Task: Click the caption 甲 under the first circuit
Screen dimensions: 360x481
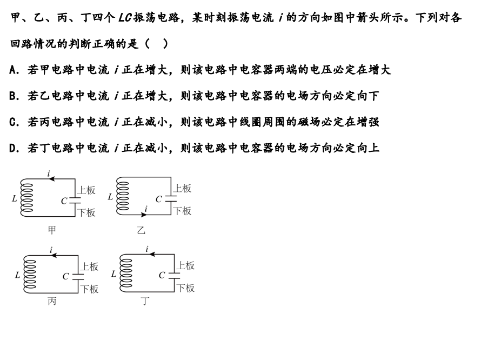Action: click(x=52, y=231)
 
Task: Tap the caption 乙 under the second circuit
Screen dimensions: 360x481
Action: click(x=141, y=231)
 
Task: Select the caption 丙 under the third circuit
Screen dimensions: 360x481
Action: click(x=52, y=302)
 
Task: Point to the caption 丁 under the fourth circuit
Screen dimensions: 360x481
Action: click(x=145, y=302)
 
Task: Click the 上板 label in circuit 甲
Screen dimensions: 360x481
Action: click(x=86, y=190)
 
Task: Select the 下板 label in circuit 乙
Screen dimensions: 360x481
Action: click(x=182, y=211)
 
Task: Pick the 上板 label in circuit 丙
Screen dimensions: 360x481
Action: click(x=89, y=266)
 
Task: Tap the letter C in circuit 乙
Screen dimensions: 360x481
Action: click(x=159, y=199)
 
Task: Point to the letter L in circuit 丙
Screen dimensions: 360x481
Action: click(x=17, y=275)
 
